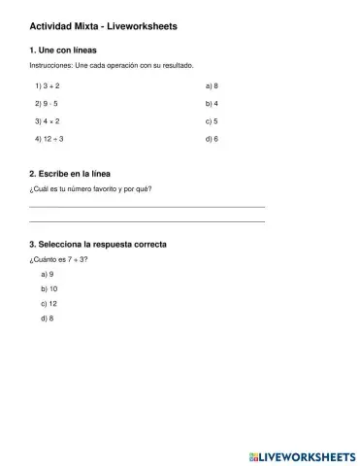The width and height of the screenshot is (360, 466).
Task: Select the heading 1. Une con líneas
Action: pos(63,50)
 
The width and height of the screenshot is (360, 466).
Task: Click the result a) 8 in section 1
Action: pos(212,85)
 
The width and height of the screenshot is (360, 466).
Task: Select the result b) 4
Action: pos(212,103)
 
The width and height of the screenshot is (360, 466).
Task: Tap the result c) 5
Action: pos(212,121)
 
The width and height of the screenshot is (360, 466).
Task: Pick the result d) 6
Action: pos(212,139)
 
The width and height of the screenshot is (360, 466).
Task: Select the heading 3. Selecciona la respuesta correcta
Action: pos(98,244)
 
